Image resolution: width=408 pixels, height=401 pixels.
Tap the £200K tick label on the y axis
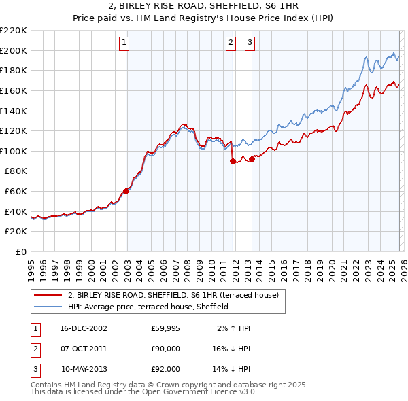[14, 50]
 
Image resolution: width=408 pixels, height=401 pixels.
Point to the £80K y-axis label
[16, 171]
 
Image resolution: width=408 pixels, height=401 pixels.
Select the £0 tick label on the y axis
[22, 251]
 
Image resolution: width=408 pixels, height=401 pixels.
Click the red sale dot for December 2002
[126, 191]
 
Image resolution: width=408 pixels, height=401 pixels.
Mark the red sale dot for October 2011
[233, 161]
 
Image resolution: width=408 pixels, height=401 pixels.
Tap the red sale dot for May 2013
[252, 159]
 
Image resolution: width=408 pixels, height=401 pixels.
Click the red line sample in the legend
[48, 296]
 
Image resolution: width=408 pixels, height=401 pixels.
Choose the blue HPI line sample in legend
[48, 307]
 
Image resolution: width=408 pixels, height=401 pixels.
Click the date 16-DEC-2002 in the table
[84, 328]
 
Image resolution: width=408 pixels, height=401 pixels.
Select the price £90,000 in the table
[165, 349]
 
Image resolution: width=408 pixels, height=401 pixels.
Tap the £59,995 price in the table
[165, 328]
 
